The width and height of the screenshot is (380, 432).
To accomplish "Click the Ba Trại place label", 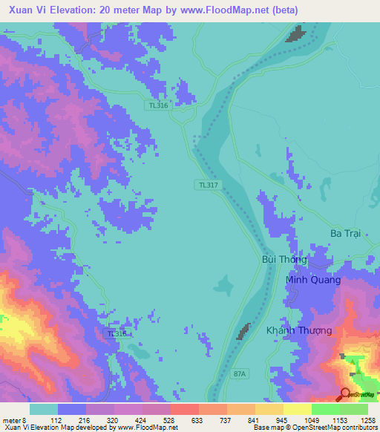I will coord(346,233).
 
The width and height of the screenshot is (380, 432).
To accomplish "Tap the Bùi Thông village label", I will coord(283,261).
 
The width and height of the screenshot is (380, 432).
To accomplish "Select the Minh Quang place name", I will coord(313,280).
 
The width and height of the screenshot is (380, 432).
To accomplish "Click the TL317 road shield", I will coord(209,185).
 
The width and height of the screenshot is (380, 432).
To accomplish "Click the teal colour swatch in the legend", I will coord(44,409).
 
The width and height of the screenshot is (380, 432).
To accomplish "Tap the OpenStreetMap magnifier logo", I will coord(346,394).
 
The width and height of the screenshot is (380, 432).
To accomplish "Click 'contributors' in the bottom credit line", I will coord(358,428).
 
